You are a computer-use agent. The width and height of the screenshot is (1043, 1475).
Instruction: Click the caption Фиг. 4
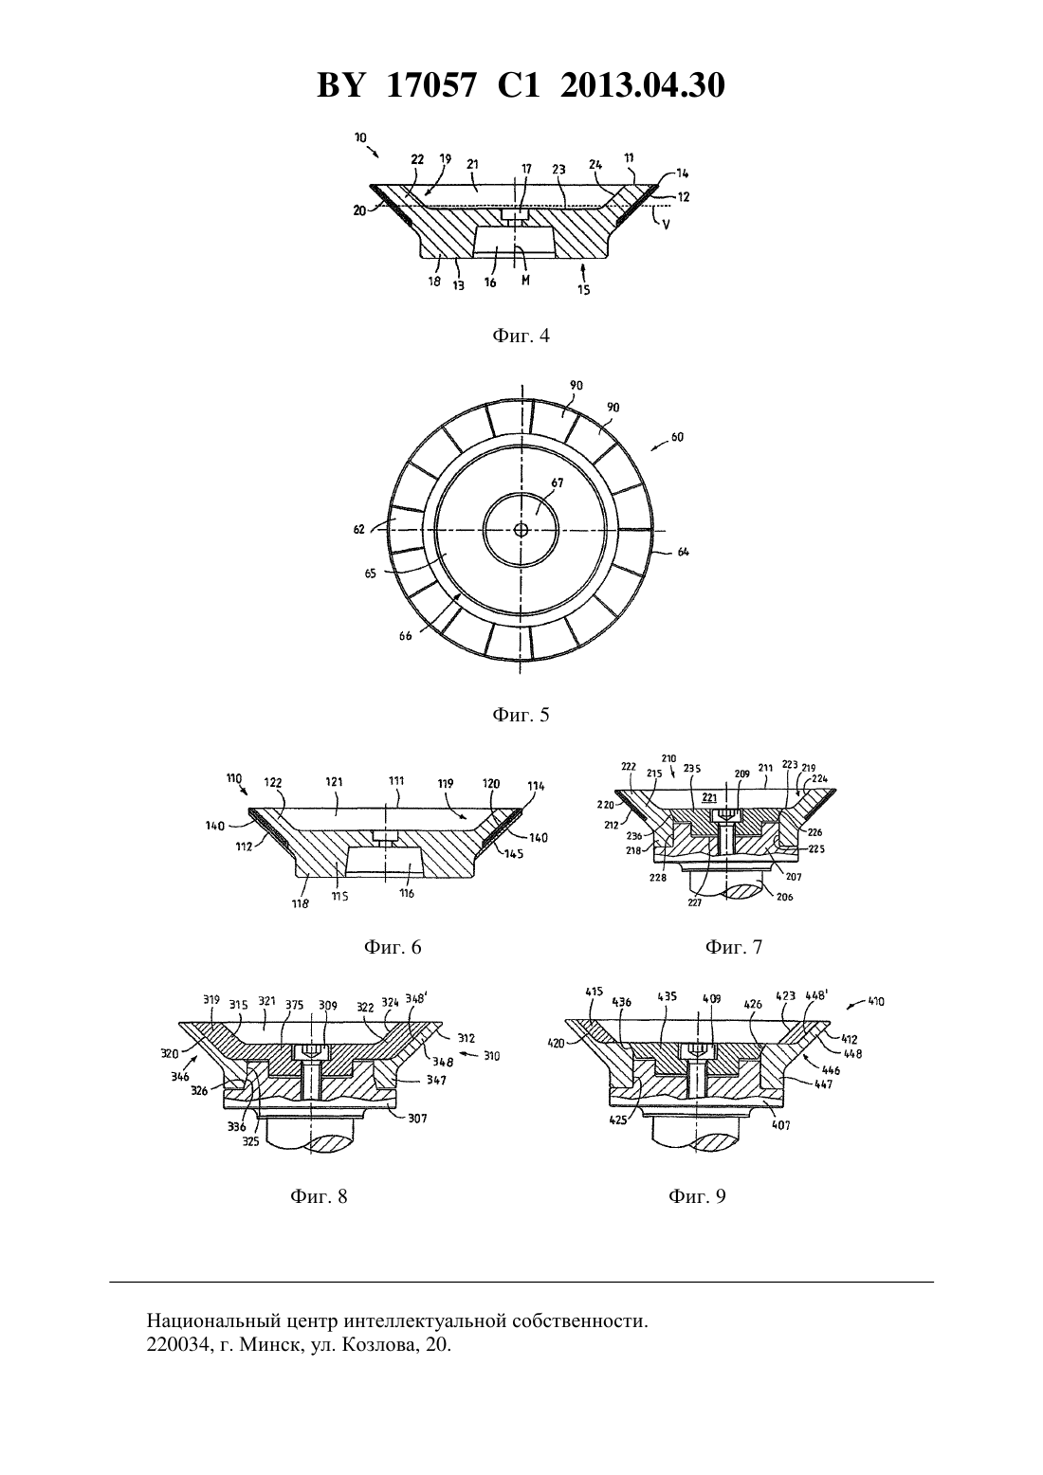[521, 336]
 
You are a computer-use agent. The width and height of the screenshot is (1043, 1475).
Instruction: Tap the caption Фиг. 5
[521, 715]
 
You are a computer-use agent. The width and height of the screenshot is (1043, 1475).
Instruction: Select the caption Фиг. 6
[393, 947]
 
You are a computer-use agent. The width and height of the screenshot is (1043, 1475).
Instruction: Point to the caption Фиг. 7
[734, 947]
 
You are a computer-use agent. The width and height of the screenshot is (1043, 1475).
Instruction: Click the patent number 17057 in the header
[430, 85]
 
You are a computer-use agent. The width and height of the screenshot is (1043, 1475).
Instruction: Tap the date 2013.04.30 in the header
[643, 85]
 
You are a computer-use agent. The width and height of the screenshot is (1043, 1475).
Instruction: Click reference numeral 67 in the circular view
[558, 483]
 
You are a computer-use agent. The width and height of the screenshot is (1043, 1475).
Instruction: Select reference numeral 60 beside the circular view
[678, 437]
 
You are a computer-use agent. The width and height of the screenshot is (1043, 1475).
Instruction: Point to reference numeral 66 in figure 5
[405, 636]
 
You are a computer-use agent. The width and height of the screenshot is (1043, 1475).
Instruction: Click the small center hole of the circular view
[521, 529]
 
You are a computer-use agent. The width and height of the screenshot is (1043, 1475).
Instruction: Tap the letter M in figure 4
[524, 280]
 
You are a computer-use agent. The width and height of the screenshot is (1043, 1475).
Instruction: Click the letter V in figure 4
[667, 225]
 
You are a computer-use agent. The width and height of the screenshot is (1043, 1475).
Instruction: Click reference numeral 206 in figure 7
[784, 896]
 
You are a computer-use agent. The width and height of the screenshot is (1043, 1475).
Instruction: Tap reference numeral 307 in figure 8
[417, 1119]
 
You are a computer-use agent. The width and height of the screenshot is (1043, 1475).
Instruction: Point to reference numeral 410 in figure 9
[876, 1002]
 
